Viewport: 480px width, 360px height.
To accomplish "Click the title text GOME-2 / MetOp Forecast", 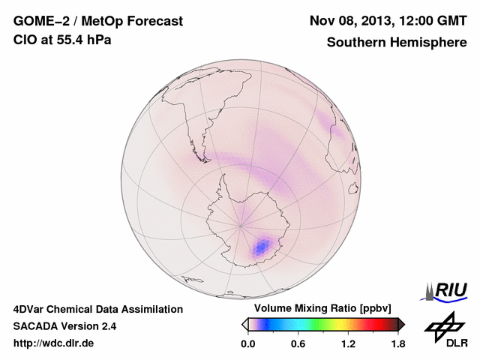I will (x=98, y=22).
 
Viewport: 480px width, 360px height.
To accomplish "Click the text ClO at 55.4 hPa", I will (x=62, y=40).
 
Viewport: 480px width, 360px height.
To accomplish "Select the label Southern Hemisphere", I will (x=397, y=42).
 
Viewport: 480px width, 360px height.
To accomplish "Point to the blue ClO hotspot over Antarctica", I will (x=262, y=245).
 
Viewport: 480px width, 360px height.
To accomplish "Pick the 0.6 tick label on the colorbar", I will (x=298, y=344).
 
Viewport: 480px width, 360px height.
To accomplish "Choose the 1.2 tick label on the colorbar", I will (x=348, y=344).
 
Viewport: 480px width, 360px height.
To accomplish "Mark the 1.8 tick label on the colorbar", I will (x=397, y=344).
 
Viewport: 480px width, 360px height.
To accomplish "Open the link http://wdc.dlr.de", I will (x=54, y=343).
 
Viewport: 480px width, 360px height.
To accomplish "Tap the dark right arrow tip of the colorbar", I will (x=403, y=324).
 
